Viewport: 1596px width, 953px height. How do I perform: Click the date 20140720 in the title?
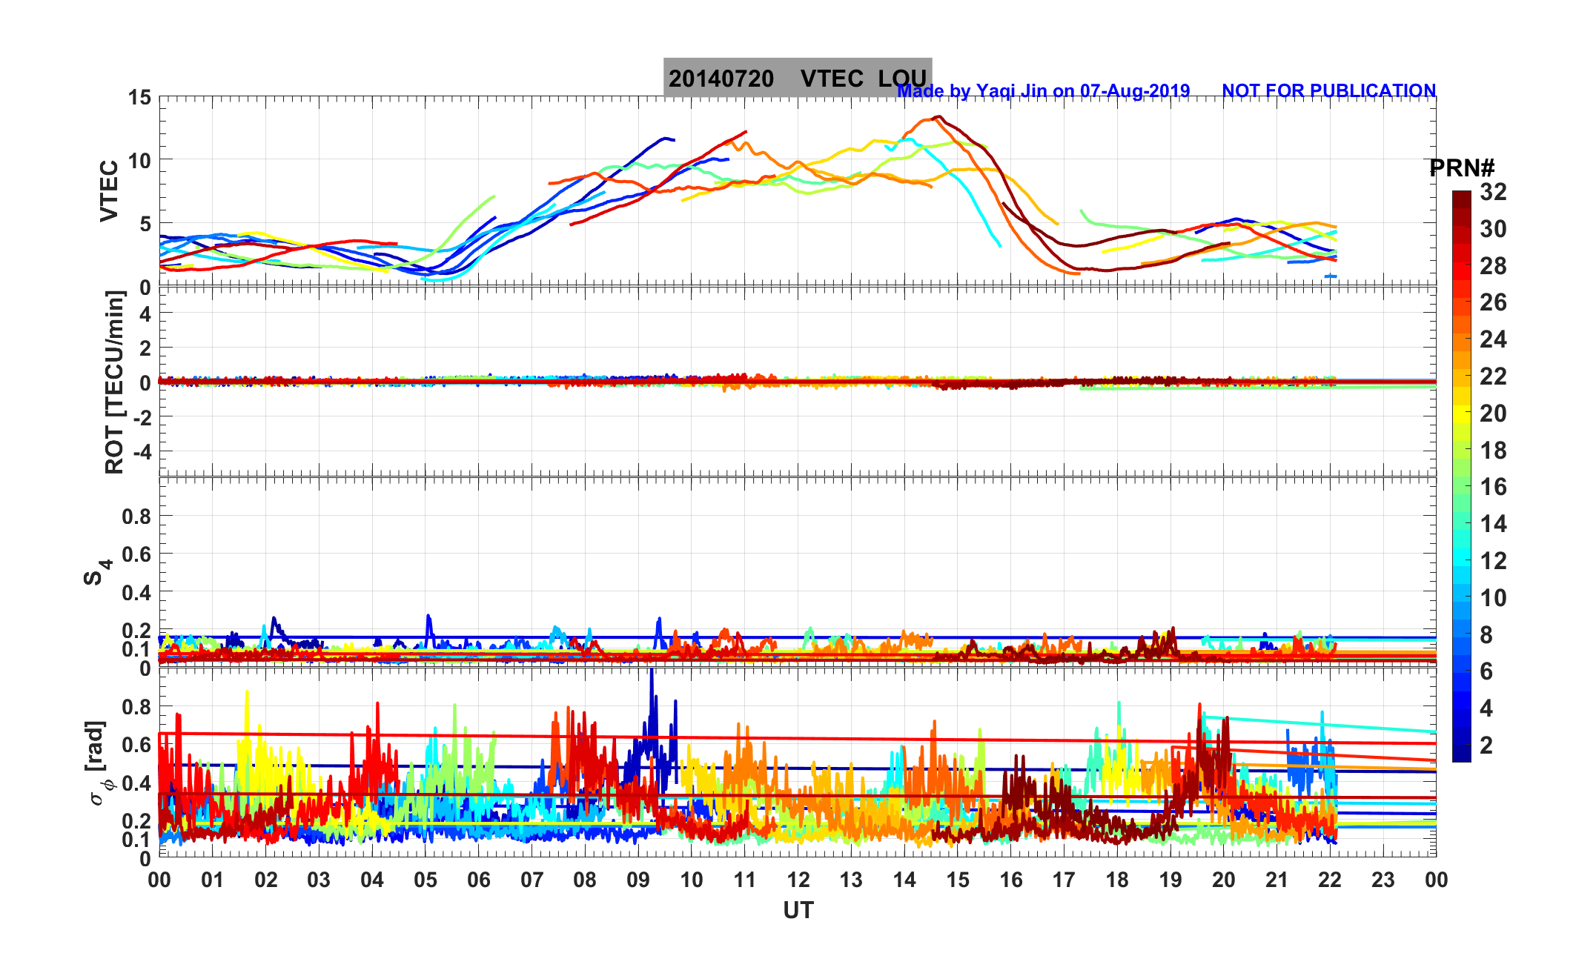pyautogui.click(x=721, y=79)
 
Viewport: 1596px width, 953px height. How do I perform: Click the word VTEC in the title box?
pyautogui.click(x=832, y=79)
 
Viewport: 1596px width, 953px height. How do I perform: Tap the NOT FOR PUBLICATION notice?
pyautogui.click(x=1328, y=90)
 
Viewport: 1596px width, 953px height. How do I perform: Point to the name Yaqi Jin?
pyautogui.click(x=1013, y=91)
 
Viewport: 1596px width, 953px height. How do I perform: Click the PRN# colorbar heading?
pyautogui.click(x=1461, y=169)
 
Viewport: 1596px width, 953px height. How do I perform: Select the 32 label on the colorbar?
pyautogui.click(x=1493, y=193)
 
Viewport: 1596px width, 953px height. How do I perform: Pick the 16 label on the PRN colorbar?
pyautogui.click(x=1493, y=487)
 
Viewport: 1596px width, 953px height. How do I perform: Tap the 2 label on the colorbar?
pyautogui.click(x=1486, y=745)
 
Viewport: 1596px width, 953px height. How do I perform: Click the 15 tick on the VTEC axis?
pyautogui.click(x=139, y=98)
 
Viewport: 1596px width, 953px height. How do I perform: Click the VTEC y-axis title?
pyautogui.click(x=109, y=190)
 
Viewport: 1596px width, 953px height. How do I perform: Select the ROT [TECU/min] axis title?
pyautogui.click(x=114, y=382)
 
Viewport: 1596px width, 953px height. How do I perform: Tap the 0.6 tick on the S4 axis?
pyautogui.click(x=136, y=554)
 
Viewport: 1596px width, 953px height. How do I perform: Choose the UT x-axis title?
pyautogui.click(x=798, y=910)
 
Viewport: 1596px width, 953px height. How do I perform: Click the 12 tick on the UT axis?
pyautogui.click(x=798, y=880)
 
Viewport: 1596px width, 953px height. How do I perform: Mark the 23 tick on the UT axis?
pyautogui.click(x=1383, y=880)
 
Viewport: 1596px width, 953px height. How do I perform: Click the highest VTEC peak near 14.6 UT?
pyautogui.click(x=938, y=116)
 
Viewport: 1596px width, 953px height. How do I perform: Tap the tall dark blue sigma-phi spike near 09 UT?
pyautogui.click(x=652, y=671)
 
